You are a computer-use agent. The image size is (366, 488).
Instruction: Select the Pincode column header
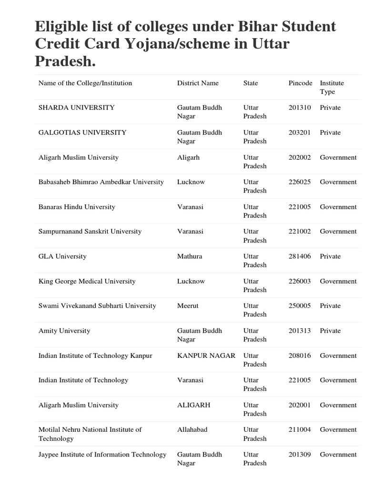point(300,83)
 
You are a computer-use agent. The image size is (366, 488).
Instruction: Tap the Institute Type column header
point(332,87)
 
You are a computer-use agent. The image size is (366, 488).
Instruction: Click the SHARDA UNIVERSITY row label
point(76,108)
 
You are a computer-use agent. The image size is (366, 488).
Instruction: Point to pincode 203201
point(300,132)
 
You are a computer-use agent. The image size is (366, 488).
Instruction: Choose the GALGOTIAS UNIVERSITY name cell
point(82,132)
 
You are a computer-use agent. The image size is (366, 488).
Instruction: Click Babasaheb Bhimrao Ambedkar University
point(101,182)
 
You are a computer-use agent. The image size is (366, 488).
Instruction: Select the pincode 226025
point(300,182)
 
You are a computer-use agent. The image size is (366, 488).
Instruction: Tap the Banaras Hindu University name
point(77,207)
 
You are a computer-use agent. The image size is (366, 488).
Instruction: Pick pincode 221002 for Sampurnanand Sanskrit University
point(300,232)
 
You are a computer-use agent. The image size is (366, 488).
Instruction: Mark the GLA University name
point(62,256)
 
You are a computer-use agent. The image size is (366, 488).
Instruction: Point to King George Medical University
point(87,281)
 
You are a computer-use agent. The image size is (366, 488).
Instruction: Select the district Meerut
point(188,306)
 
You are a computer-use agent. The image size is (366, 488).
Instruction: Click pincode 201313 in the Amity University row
point(300,331)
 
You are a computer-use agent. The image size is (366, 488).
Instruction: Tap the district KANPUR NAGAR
point(206,356)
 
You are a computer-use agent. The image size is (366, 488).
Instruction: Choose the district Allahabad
point(192,430)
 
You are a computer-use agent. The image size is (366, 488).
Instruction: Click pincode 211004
point(300,430)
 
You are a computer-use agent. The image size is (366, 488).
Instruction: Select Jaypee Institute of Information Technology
point(102,455)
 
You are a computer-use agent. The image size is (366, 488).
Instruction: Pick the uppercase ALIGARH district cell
point(193,405)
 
